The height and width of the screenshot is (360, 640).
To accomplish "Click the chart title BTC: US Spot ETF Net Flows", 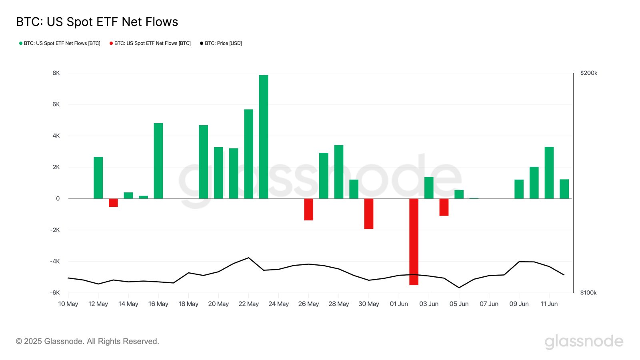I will coord(97,22).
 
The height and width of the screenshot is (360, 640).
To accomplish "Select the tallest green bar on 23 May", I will coord(264,137).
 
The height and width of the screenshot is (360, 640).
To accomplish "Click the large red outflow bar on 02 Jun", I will coord(414,242).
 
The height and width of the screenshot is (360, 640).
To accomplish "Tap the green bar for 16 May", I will coord(158,161).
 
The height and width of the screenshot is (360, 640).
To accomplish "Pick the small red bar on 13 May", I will coord(113,203).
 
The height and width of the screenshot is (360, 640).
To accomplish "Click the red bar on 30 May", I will coord(368,214).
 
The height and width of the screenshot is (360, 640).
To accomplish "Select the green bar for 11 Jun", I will coord(549,173).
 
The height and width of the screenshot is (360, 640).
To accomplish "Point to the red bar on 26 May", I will coord(308,209).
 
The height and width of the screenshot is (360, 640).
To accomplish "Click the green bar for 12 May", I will coord(98,178).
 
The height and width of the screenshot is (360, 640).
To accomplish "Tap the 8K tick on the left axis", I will coord(56,73).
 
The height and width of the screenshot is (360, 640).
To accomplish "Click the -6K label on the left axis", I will coord(55,293).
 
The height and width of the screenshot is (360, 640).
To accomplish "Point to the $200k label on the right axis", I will coord(588,73).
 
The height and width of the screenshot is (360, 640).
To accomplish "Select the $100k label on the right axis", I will coord(588,293).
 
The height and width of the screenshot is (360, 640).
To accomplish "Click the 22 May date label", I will coord(248,304).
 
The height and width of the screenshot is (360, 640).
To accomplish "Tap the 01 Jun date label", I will coord(399,304).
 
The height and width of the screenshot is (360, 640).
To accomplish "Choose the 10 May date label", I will coord(68,304).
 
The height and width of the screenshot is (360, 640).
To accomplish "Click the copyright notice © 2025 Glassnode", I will coord(87,341).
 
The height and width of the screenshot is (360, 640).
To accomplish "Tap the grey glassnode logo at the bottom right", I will coord(584,342).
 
